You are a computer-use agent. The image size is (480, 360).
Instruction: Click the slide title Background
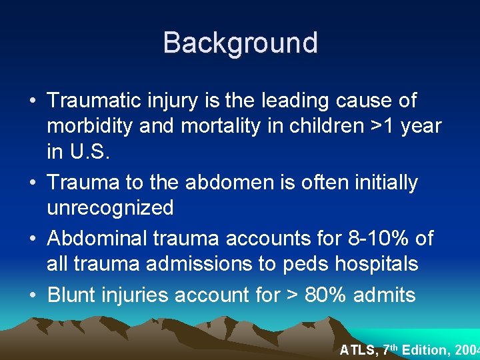pyautogui.click(x=240, y=43)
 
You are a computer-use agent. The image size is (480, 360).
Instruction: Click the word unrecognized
pyautogui.click(x=110, y=207)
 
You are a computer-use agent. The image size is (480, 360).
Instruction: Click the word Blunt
pyautogui.click(x=73, y=294)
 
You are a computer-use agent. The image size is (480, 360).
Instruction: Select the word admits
pyautogui.click(x=389, y=294)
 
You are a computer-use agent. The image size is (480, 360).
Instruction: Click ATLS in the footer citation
pyautogui.click(x=358, y=349)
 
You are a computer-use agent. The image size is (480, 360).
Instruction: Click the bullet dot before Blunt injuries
pyautogui.click(x=33, y=295)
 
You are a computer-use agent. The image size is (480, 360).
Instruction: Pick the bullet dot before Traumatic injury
pyautogui.click(x=33, y=101)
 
